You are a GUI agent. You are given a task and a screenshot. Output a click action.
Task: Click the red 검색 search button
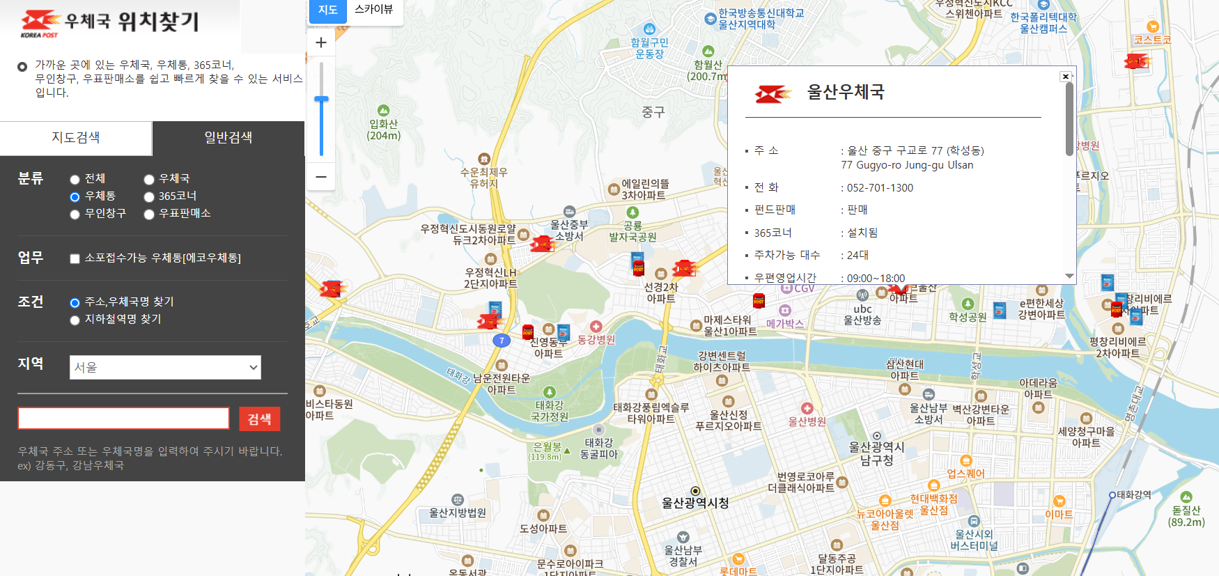[x=259, y=419]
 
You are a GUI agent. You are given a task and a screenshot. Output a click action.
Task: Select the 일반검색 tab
[x=228, y=138]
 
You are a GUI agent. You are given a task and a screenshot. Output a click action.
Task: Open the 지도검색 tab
[x=76, y=138]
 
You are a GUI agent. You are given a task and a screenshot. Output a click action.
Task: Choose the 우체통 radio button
[x=75, y=197]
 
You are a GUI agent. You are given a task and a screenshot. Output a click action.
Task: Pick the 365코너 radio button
[x=149, y=197]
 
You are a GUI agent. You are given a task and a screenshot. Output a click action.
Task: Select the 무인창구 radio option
[x=75, y=215]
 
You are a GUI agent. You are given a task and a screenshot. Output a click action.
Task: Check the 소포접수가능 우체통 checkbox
[x=75, y=259]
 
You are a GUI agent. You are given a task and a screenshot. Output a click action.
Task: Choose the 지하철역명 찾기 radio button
[x=75, y=320]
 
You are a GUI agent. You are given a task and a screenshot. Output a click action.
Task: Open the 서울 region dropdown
[x=165, y=367]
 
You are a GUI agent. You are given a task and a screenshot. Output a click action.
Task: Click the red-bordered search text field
[x=123, y=419]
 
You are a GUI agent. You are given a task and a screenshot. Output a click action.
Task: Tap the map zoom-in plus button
[x=321, y=42]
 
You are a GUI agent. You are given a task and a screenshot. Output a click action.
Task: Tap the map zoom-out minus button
[x=321, y=177]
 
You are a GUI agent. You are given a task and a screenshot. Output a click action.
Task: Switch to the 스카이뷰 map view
[x=373, y=10]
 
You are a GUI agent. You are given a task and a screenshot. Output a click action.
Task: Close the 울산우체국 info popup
[x=1065, y=77]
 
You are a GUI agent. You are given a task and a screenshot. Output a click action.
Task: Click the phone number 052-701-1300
[x=880, y=188]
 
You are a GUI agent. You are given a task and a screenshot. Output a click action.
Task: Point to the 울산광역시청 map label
[x=695, y=503]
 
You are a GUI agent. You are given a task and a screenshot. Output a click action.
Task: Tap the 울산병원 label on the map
[x=807, y=421]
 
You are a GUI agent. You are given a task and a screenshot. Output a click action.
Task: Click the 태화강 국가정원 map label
[x=550, y=411]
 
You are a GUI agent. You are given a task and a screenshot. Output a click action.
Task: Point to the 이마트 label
[x=1059, y=514]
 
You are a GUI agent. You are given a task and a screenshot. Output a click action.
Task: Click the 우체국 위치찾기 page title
[x=132, y=22]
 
